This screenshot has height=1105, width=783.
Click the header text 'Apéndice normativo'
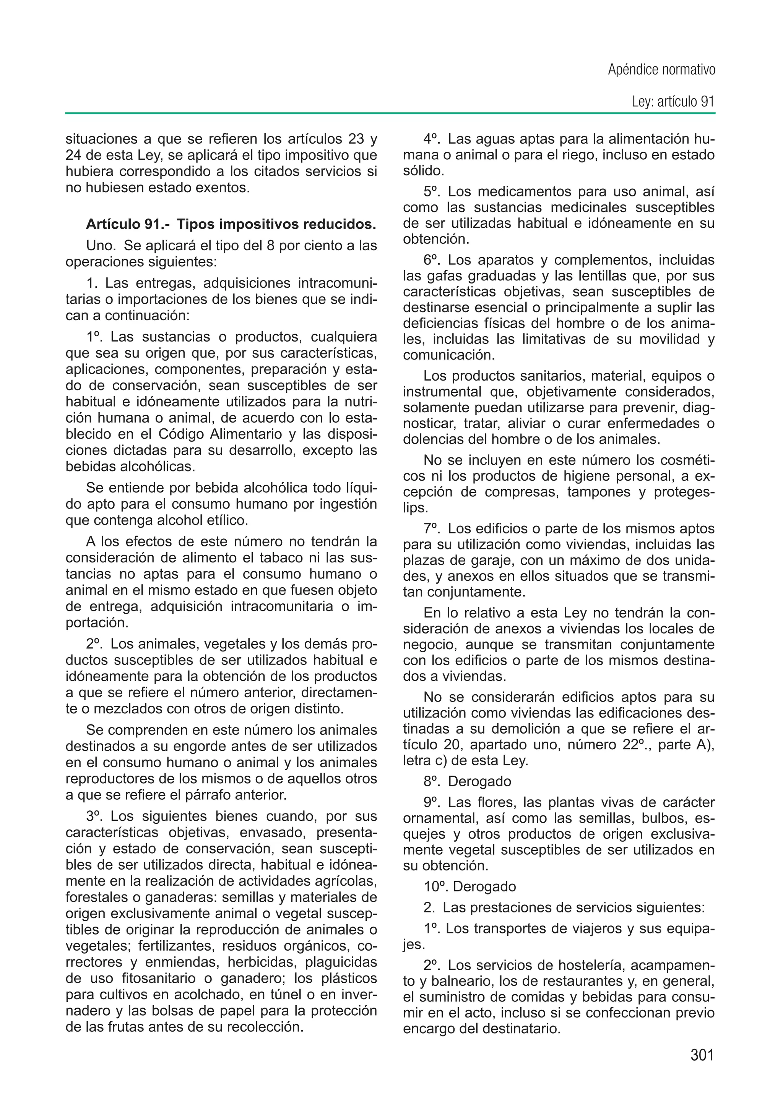pyautogui.click(x=661, y=70)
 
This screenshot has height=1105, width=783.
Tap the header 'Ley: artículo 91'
pyautogui.click(x=673, y=102)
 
